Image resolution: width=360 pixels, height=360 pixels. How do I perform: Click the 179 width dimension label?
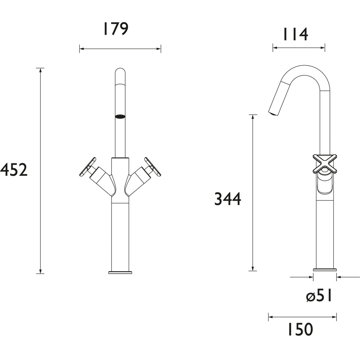[115, 29]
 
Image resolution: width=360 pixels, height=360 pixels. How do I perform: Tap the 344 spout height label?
[228, 199]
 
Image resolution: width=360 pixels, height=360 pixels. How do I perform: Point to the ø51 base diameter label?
[319, 296]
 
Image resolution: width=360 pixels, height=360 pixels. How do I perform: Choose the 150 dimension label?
[300, 330]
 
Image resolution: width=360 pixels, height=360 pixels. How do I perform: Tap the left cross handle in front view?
[88, 168]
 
